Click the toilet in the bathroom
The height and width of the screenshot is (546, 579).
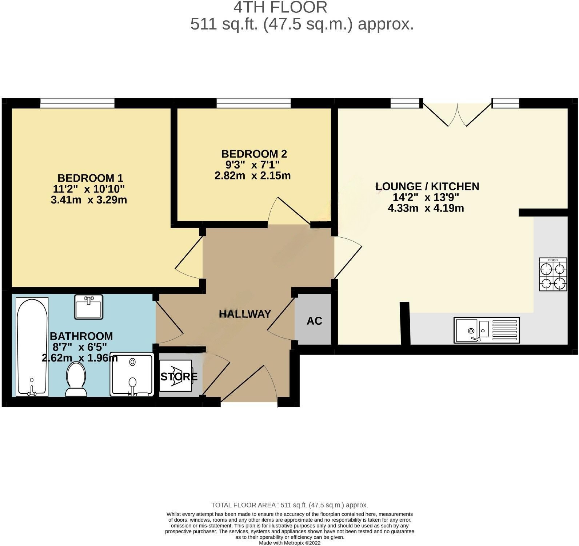pyautogui.click(x=76, y=379)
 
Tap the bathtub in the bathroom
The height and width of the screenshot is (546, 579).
pyautogui.click(x=32, y=346)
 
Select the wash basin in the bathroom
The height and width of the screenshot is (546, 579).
pyautogui.click(x=89, y=307)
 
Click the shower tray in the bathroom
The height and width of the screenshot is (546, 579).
pyautogui.click(x=132, y=374)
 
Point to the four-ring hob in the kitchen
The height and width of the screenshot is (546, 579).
pyautogui.click(x=553, y=274)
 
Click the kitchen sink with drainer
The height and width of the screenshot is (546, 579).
pyautogui.click(x=487, y=330)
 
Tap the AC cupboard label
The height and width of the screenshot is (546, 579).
pyautogui.click(x=314, y=321)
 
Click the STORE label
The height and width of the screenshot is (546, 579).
pyautogui.click(x=179, y=376)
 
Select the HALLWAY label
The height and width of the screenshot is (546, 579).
pyautogui.click(x=245, y=313)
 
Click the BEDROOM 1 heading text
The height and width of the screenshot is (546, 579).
pyautogui.click(x=90, y=178)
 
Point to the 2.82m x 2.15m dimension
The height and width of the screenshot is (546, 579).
pyautogui.click(x=252, y=176)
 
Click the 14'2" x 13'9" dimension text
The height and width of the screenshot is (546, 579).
pyautogui.click(x=426, y=197)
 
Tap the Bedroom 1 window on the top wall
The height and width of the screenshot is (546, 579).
pyautogui.click(x=77, y=103)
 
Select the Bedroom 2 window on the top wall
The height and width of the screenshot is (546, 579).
pyautogui.click(x=253, y=103)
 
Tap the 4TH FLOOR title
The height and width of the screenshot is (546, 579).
pyautogui.click(x=280, y=7)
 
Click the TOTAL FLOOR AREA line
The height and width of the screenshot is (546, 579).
pyautogui.click(x=289, y=505)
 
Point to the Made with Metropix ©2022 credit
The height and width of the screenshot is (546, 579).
pyautogui.click(x=289, y=543)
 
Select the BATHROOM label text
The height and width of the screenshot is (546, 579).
pyautogui.click(x=81, y=336)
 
